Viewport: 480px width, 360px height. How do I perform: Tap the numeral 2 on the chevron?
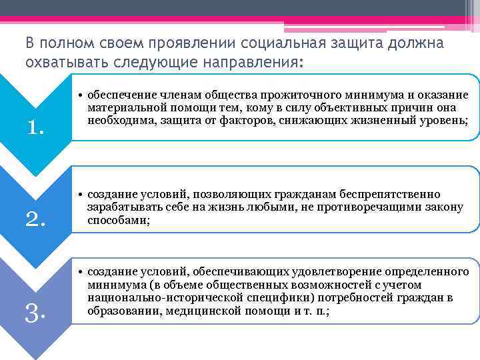click(x=35, y=217)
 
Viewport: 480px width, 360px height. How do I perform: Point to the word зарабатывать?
click(x=122, y=207)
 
